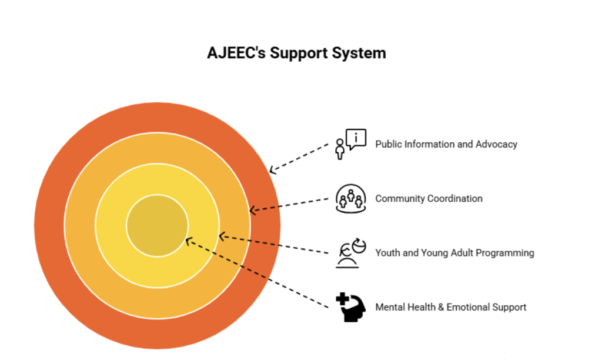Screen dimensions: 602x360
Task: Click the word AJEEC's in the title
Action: tap(236, 52)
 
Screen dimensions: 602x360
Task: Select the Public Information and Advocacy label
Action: tap(446, 144)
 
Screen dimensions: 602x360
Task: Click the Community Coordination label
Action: tap(429, 198)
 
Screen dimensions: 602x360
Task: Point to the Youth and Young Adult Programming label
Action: tap(454, 253)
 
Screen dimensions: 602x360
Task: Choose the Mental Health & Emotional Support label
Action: tap(451, 307)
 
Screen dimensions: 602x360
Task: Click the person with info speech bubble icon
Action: tap(350, 144)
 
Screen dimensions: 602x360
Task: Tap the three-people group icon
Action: tap(350, 198)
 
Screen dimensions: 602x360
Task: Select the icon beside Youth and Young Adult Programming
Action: tap(350, 253)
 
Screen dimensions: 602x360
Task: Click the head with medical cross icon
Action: tap(350, 307)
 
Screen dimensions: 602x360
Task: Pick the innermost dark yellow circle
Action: tap(158, 225)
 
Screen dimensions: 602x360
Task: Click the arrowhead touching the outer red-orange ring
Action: tap(273, 170)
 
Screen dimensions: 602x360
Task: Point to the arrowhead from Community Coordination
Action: tap(253, 210)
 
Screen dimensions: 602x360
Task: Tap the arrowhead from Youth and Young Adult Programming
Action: tap(222, 236)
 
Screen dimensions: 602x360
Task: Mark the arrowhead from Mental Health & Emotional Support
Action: tap(189, 242)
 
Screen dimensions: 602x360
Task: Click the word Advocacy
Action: tap(496, 144)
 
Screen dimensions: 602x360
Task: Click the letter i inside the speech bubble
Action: tap(356, 138)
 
